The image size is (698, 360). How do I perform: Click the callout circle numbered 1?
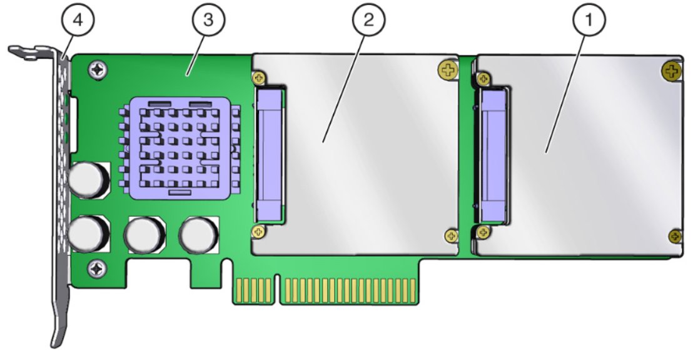pos(588,21)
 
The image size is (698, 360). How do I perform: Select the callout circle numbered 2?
pos(368,21)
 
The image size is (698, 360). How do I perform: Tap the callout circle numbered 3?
pos(208,21)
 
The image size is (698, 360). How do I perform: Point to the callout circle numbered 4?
pos(78,21)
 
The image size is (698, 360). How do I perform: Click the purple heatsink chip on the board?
pos(180,148)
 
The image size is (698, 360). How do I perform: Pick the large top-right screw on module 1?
pos(672,70)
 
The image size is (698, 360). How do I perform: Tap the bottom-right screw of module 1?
pos(675,236)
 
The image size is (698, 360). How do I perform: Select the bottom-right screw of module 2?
pos(452,236)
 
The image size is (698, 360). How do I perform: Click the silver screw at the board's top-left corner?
pos(98,69)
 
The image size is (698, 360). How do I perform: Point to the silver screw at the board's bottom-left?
pos(97,268)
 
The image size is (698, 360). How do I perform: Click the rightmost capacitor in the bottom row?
pos(198,234)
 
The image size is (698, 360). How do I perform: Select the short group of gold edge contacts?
pos(254,291)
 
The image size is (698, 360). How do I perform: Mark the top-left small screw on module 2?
pos(259,78)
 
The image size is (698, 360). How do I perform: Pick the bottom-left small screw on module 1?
pos(483,231)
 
